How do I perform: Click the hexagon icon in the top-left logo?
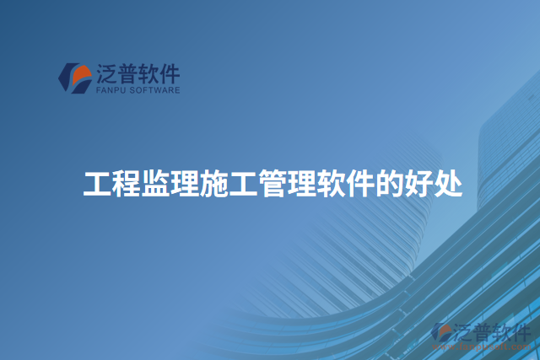[x=73, y=78]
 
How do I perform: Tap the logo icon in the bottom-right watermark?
[x=441, y=335]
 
